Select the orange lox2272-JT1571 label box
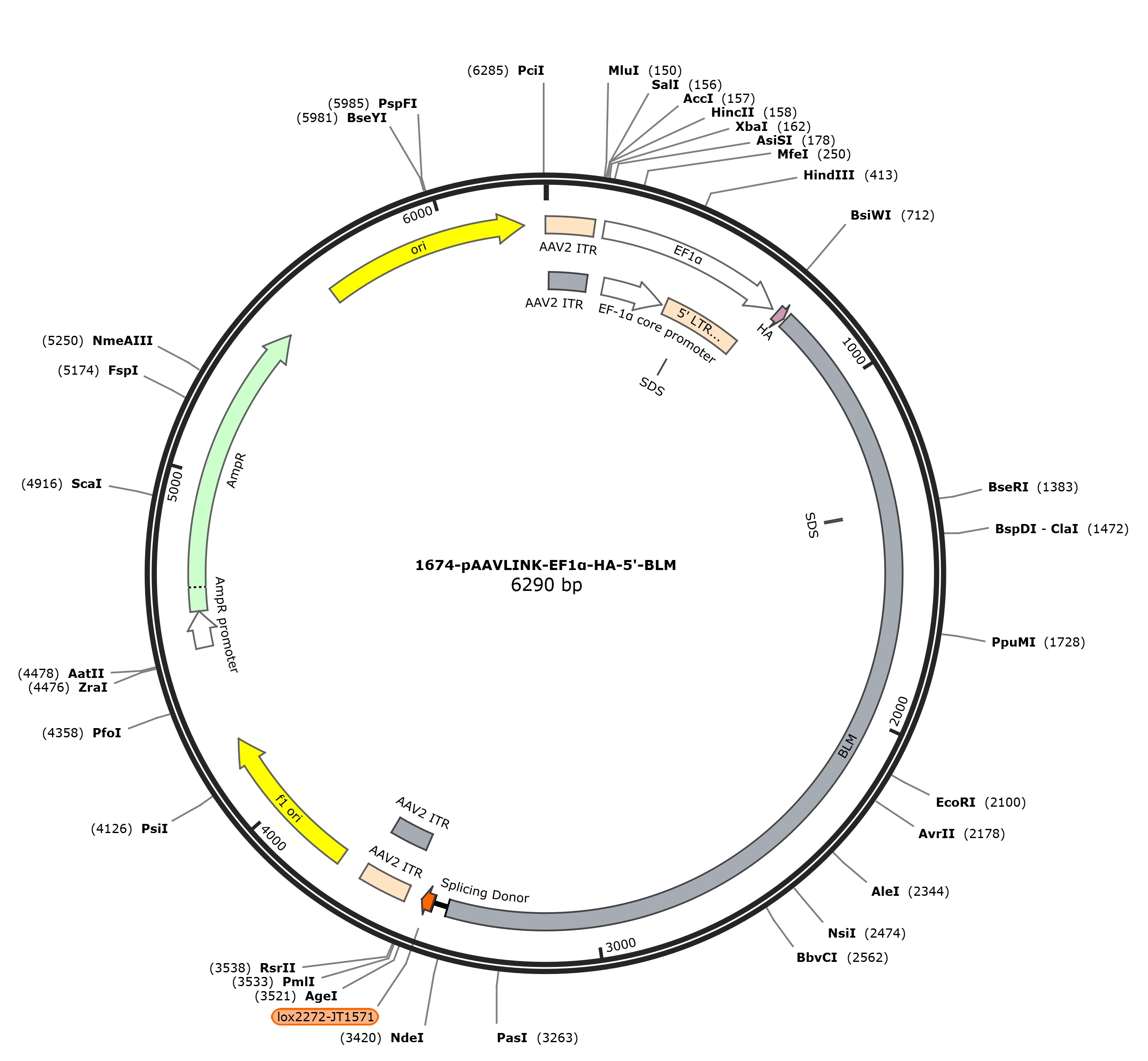tap(325, 1017)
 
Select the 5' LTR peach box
tap(699, 325)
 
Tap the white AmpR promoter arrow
tap(200, 630)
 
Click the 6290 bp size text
tap(547, 585)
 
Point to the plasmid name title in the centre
tap(546, 565)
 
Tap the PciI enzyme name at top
tap(531, 71)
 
